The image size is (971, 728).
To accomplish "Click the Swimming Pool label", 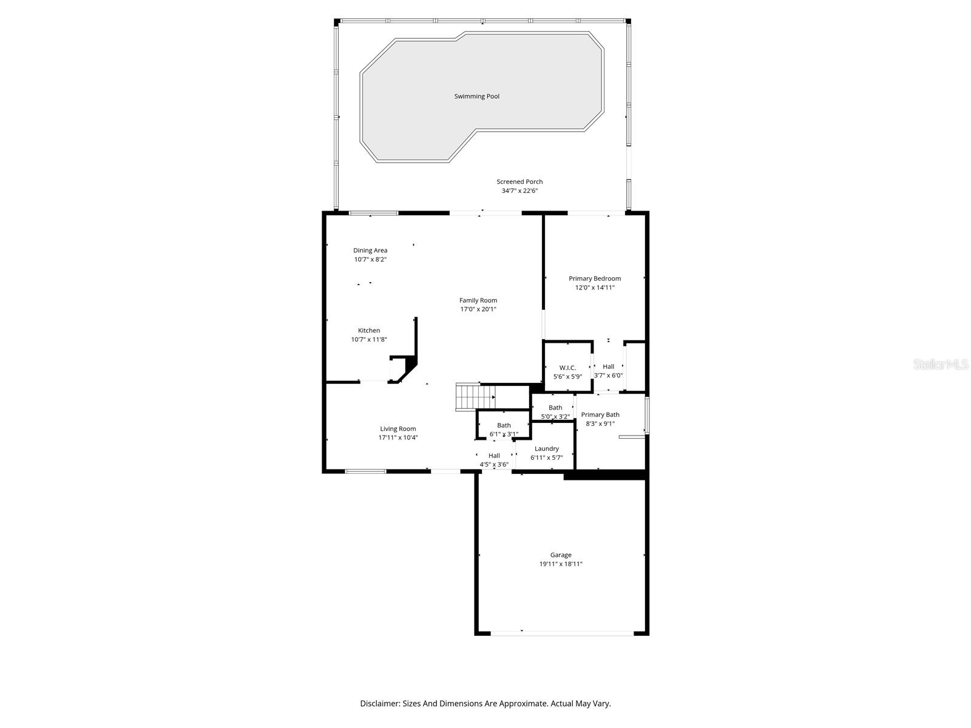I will click(x=476, y=96).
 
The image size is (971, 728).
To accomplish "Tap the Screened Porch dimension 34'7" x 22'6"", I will click(x=519, y=191).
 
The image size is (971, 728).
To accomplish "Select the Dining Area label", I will click(x=370, y=251).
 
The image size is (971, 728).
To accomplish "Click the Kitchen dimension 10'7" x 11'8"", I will click(x=369, y=340).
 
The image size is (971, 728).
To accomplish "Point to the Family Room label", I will click(x=478, y=300).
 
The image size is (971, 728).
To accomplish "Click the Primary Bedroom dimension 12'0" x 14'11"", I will click(x=595, y=288).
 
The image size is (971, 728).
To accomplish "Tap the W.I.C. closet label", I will click(x=567, y=368).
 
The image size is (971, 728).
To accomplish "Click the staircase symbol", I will click(x=475, y=397).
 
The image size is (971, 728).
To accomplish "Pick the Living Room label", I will click(x=398, y=429).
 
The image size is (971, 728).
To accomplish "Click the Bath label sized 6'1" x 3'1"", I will click(x=504, y=425).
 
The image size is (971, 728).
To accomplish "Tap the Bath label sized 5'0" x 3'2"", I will click(x=555, y=408).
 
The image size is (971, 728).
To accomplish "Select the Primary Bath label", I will click(x=600, y=415).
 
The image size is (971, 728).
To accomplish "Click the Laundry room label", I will click(x=546, y=449).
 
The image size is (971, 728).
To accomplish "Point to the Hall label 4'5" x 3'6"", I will click(x=494, y=456).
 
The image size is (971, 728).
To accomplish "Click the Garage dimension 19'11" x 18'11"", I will click(x=561, y=564).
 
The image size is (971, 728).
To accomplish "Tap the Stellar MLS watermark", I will click(x=941, y=365).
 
